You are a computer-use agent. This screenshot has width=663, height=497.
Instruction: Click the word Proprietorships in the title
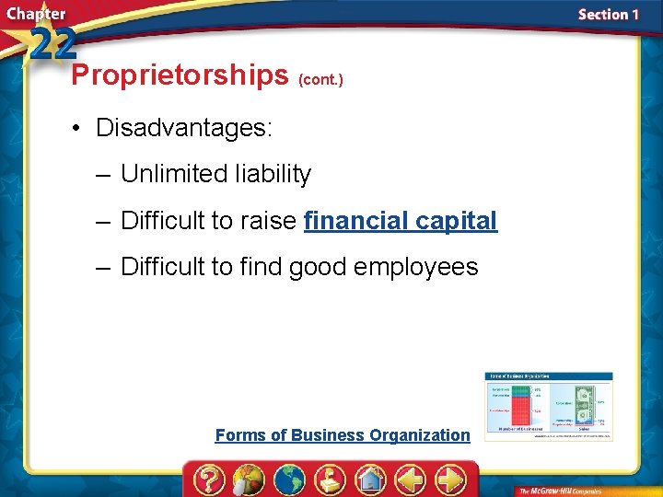pos(180,75)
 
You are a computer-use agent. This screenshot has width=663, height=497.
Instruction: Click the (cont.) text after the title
pos(321,80)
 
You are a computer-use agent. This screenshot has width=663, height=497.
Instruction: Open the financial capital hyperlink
pos(400,221)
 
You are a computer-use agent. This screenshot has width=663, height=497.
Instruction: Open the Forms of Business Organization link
pos(342,435)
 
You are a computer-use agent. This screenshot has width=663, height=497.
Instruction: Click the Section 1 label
pos(608,14)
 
